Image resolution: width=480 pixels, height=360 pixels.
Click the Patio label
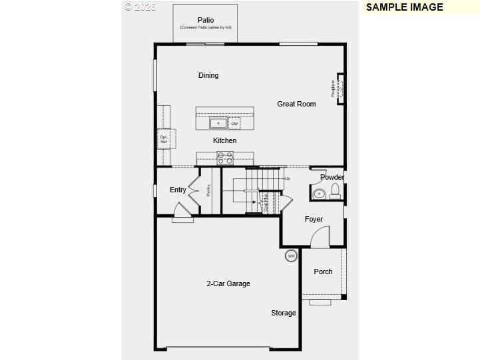point(205,19)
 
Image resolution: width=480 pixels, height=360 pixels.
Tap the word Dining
point(208,75)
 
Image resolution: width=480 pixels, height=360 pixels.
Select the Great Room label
point(296,104)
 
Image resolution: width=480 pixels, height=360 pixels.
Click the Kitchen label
point(224,140)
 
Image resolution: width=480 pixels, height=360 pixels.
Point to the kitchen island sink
point(218,123)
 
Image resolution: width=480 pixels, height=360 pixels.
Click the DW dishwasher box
point(234,124)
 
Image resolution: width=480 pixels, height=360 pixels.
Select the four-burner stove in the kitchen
point(225,158)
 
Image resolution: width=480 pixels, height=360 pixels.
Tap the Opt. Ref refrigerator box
point(164,139)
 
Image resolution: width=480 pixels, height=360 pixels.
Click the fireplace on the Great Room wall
point(340,89)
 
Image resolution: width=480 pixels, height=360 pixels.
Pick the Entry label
point(178,190)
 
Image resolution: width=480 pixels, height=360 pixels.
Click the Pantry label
point(208,190)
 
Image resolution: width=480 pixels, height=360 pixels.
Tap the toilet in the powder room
point(335,192)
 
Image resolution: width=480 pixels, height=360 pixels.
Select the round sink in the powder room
point(319,194)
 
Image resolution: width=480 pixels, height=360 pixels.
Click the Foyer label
point(314,219)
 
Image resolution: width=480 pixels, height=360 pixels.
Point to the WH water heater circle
point(291,256)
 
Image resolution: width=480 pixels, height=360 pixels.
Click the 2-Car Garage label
point(228,283)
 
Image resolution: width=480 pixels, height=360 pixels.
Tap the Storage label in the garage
point(283,313)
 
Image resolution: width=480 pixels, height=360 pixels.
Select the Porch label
point(323,271)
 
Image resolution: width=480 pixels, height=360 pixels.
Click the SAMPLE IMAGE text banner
point(404,7)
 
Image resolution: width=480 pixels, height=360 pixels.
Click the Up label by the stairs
point(288,178)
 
